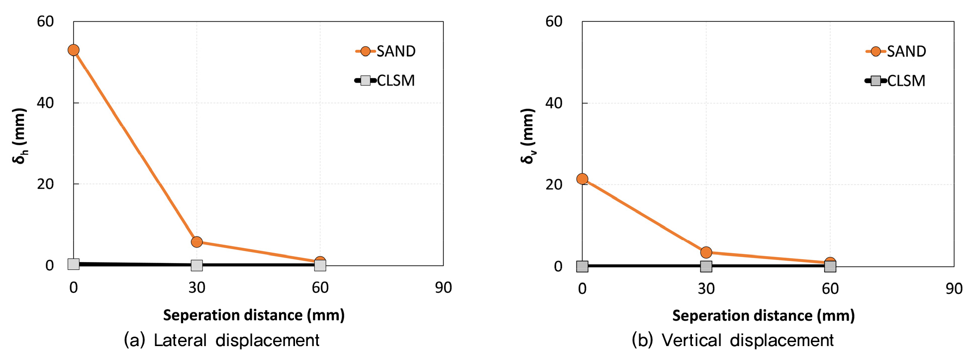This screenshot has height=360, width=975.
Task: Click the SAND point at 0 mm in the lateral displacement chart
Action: click(74, 50)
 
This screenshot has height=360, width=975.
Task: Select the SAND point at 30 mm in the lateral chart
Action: click(196, 242)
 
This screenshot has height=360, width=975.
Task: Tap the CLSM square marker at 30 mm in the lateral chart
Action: click(196, 265)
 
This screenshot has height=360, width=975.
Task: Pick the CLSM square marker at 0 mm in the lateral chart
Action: click(74, 264)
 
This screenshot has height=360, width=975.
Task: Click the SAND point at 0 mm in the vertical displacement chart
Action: click(582, 179)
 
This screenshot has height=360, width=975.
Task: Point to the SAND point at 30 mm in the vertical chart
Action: click(706, 252)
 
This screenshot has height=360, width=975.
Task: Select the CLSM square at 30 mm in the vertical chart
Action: click(706, 266)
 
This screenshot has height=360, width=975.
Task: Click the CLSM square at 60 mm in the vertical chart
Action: click(830, 266)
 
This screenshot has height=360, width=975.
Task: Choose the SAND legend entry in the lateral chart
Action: click(386, 51)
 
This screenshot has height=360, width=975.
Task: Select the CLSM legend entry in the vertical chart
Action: click(896, 81)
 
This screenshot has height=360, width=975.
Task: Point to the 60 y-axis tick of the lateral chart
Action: click(45, 21)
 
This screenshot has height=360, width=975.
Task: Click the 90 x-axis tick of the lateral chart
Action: click(443, 287)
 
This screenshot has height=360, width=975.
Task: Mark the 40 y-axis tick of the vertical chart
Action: click(554, 103)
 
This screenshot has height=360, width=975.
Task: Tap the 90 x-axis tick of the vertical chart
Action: click(954, 288)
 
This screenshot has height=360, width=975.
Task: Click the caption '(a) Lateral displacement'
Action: click(221, 340)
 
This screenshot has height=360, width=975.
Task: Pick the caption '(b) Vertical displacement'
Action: click(732, 340)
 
